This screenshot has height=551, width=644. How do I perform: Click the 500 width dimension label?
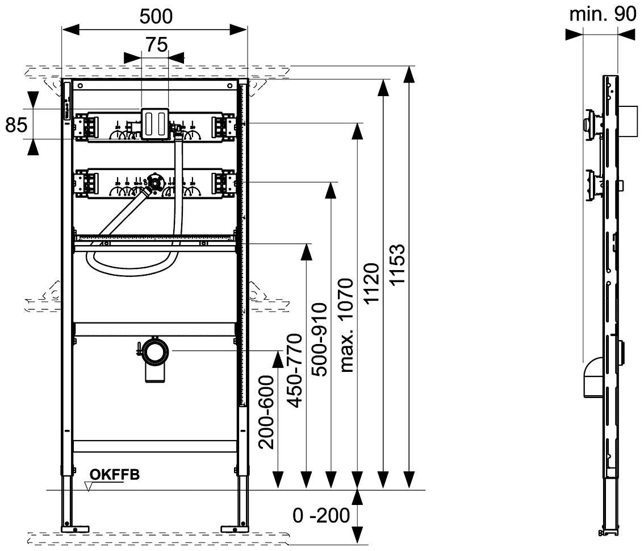(156, 16)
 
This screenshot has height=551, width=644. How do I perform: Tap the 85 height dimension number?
(16, 124)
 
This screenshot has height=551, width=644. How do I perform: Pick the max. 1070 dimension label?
(347, 325)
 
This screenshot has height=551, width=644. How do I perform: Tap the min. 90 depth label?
(603, 15)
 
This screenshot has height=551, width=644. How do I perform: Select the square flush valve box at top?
(154, 123)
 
